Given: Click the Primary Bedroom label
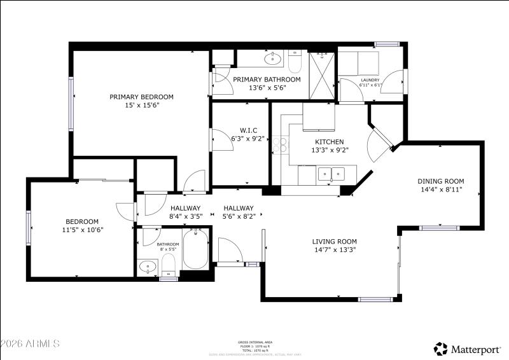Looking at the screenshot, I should [141, 97].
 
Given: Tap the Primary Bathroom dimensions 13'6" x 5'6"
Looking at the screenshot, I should [267, 88].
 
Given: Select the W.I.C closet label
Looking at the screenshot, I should [230, 130].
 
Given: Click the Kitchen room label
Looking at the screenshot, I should [330, 142].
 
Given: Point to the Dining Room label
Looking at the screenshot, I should [441, 181].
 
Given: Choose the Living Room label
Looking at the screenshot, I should [334, 241].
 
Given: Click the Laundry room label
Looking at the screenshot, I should [370, 80].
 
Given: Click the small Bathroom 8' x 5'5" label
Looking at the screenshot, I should [168, 244].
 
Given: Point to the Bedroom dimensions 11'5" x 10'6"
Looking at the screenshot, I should [82, 230].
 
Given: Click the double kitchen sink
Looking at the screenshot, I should [331, 173].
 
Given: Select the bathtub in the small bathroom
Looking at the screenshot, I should [195, 251].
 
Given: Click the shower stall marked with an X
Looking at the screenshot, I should [322, 75].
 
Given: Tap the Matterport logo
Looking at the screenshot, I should [468, 348].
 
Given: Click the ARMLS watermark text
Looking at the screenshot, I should [30, 343].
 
